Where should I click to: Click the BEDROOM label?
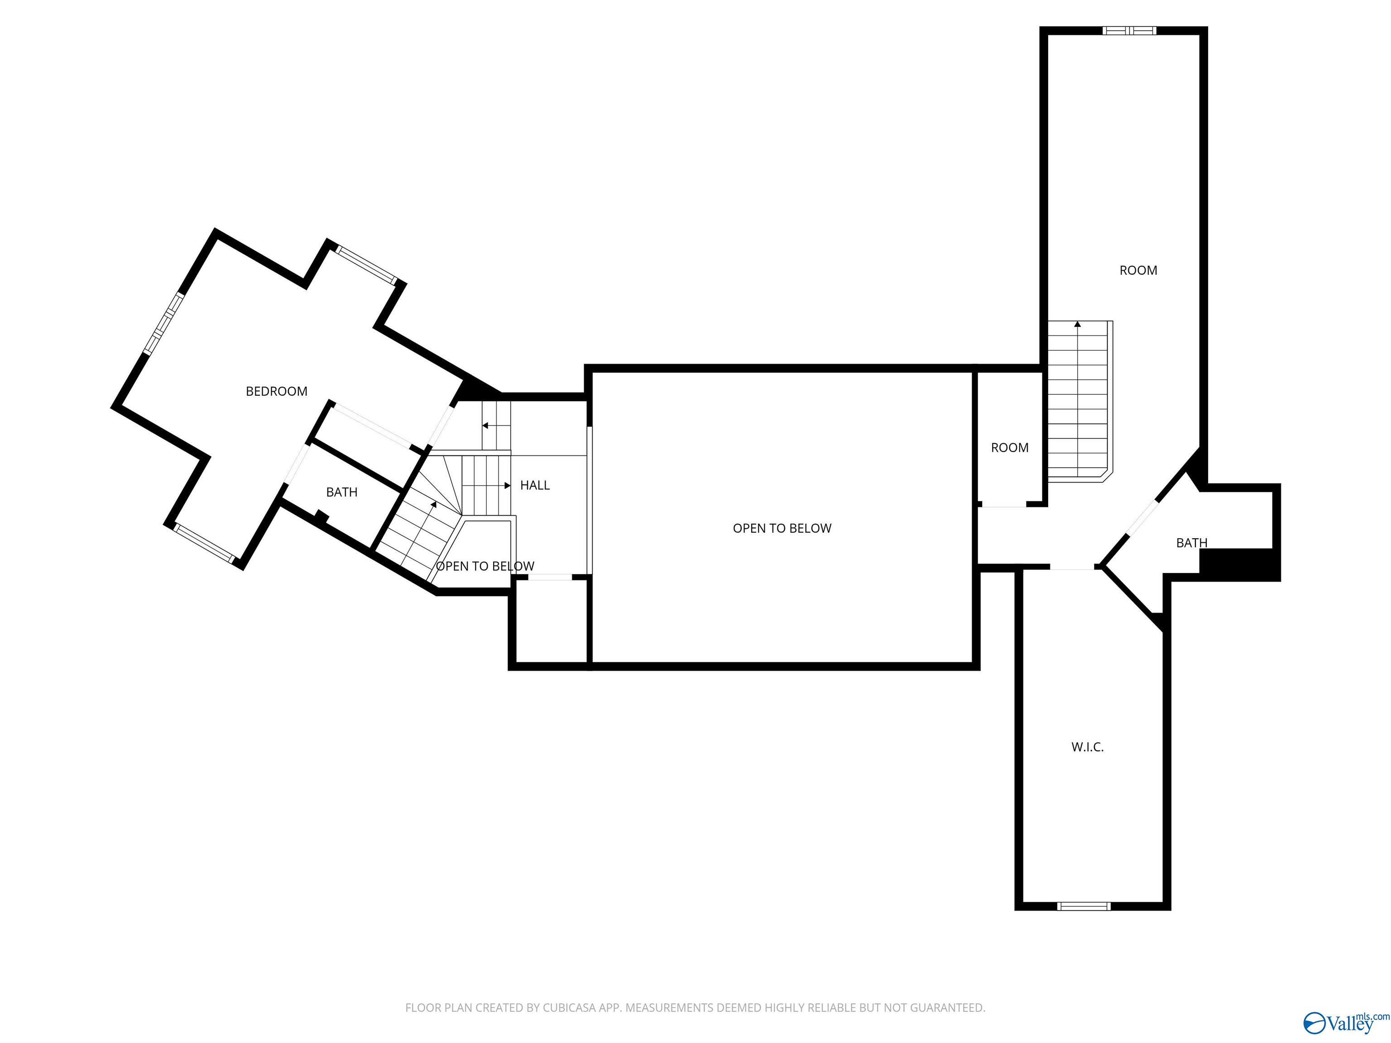point(276,391)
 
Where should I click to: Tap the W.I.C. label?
point(1087,747)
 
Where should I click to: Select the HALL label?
point(534,485)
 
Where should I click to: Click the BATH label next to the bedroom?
point(341,492)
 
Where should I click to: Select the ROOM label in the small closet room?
point(1009,448)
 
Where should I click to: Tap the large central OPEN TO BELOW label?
point(782,528)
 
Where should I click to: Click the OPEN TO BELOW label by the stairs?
point(485,566)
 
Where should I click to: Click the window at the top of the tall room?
point(1129,30)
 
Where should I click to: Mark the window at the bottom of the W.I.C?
point(1084,906)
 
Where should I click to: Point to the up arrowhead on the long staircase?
point(1077,325)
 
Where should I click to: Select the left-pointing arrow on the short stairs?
point(485,426)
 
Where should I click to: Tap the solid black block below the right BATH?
point(1239,564)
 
